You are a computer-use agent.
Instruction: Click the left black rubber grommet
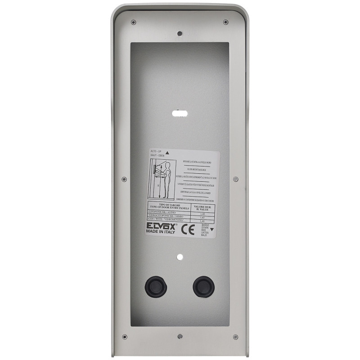pyautogui.click(x=156, y=286)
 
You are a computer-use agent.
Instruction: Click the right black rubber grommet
pyautogui.click(x=203, y=286)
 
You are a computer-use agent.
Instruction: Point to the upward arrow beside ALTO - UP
pyautogui.click(x=168, y=153)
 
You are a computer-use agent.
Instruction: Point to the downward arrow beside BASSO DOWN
pyautogui.click(x=212, y=229)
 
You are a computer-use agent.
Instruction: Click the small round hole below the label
pyautogui.click(x=180, y=257)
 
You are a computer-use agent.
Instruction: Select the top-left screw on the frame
pyautogui.click(x=133, y=22)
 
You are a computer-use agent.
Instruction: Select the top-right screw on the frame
pyautogui.click(x=226, y=22)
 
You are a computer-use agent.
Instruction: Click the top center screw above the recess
pyautogui.click(x=180, y=33)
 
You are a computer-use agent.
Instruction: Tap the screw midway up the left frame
pyautogui.click(x=124, y=179)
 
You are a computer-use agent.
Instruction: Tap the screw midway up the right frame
pyautogui.click(x=235, y=179)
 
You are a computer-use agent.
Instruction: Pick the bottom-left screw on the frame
pyautogui.click(x=125, y=337)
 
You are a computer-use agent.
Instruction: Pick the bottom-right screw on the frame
pyautogui.click(x=235, y=337)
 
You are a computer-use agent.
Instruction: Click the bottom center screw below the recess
pyautogui.click(x=180, y=336)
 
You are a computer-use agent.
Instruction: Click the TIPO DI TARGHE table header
pyautogui.click(x=169, y=206)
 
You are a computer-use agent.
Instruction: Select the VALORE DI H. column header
pyautogui.click(x=203, y=207)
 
